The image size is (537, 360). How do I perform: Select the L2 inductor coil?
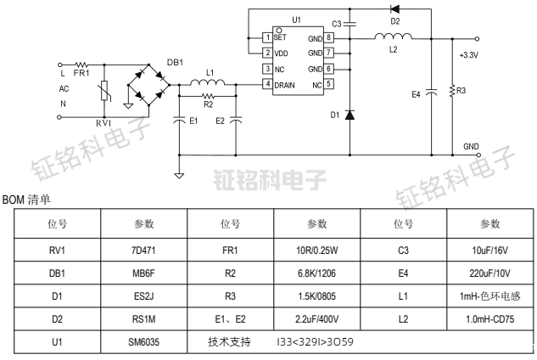click(x=393, y=37)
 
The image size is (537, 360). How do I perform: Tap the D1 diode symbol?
click(x=350, y=114)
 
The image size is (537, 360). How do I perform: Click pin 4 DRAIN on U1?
click(x=268, y=84)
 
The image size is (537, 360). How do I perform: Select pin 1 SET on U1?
click(x=268, y=38)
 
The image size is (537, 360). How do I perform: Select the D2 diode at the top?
click(x=394, y=9)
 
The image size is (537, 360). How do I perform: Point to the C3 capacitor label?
click(x=337, y=24)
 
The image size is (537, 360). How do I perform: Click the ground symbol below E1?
click(x=179, y=176)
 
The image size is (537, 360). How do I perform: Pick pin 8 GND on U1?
click(x=328, y=38)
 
